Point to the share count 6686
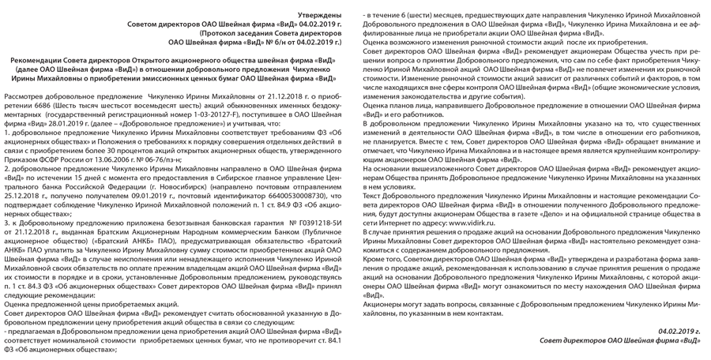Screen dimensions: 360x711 click(62, 104)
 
